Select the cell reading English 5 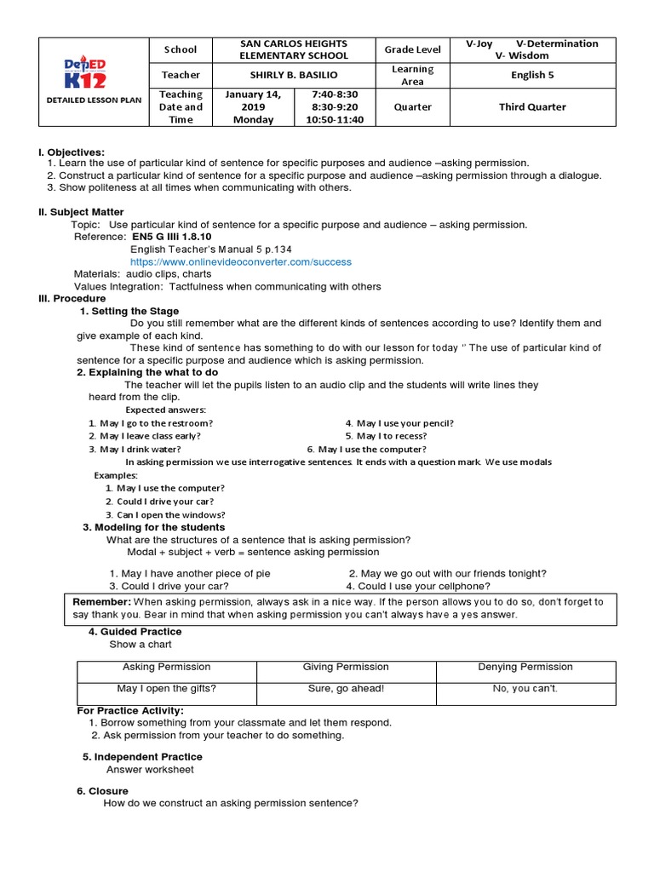(533, 75)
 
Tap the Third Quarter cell (533, 107)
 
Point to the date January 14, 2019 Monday (253, 107)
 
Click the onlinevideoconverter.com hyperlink (228, 262)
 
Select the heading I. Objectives (72, 152)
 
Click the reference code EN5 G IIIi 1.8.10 (172, 237)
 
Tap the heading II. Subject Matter (81, 212)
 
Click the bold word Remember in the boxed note (101, 601)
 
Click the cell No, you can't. (525, 688)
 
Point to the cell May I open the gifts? (166, 688)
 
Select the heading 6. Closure (102, 791)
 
